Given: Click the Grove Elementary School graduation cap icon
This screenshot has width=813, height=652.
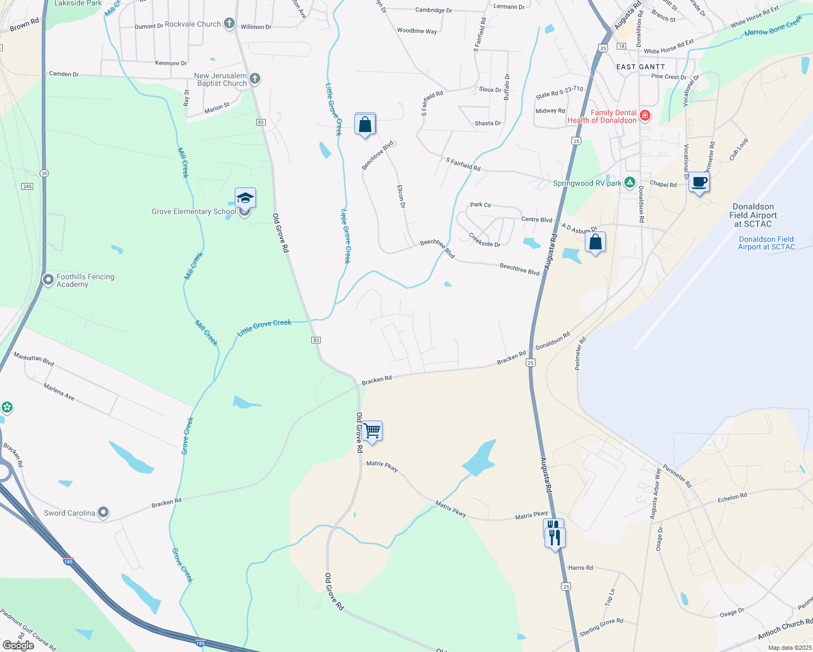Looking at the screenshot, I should (x=245, y=198).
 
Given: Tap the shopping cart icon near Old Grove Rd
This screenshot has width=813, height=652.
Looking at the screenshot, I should (x=372, y=431).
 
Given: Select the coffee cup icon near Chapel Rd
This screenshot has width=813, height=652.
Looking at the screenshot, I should (x=699, y=183).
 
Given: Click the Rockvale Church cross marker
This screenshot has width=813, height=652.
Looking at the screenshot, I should (x=229, y=23).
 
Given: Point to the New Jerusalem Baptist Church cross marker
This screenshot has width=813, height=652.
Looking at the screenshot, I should (x=255, y=79).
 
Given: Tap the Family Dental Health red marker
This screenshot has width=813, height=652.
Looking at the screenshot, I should (x=645, y=116).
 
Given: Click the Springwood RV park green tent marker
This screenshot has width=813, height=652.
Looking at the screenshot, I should (x=630, y=183).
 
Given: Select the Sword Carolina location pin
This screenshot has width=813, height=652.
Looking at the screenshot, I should (x=103, y=512).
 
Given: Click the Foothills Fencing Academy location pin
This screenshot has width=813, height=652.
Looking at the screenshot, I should (x=48, y=280).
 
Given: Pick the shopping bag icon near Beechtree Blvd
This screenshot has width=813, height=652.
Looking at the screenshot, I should (x=365, y=124).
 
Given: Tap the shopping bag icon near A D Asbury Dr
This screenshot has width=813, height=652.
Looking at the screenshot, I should (x=596, y=242).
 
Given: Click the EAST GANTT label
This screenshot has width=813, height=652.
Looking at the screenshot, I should (x=640, y=67).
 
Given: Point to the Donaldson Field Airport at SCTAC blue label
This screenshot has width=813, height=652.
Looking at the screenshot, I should (x=766, y=243).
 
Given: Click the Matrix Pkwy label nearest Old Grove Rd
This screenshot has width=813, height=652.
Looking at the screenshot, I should (x=383, y=466).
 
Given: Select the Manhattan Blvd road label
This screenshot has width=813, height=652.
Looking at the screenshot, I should (x=34, y=359).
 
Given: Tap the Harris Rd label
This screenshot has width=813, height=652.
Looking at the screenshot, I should (x=580, y=568).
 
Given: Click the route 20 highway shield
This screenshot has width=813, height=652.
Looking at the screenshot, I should (x=44, y=173).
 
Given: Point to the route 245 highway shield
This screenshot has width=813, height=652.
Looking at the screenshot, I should (x=27, y=186).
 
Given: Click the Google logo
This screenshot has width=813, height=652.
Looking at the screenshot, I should (x=18, y=645).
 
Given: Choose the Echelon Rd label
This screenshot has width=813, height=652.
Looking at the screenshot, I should (x=732, y=497).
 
